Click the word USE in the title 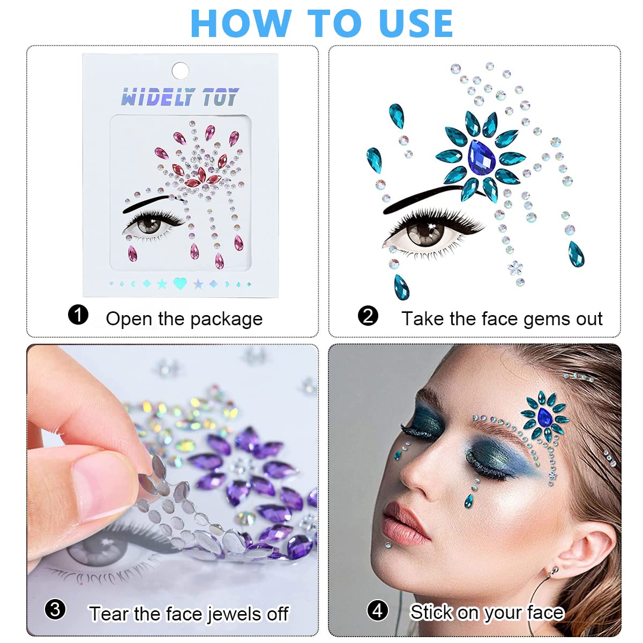416,24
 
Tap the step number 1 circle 78,315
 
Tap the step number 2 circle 368,316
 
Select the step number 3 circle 55,609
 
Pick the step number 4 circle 377,610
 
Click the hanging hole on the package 180,70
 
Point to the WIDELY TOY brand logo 180,97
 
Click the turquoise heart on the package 180,283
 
